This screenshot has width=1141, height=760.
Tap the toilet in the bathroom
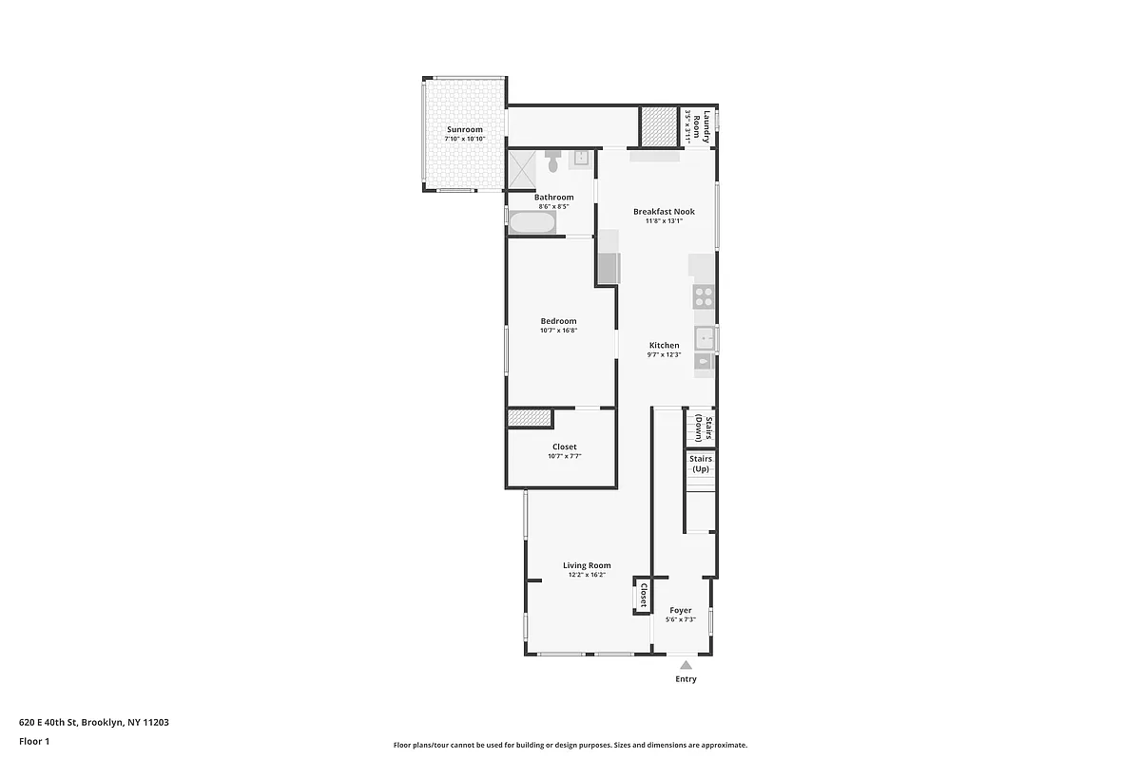(553, 161)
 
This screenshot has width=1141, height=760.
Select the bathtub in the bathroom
(532, 223)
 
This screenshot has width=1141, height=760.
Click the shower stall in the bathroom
(522, 169)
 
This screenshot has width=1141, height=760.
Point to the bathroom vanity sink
(579, 159)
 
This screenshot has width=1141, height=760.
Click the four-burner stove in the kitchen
(704, 296)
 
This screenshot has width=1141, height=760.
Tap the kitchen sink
(705, 337)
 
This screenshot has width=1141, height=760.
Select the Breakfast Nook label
(664, 212)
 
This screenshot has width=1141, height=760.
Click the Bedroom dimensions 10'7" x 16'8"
(559, 331)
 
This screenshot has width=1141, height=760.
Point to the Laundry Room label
(697, 125)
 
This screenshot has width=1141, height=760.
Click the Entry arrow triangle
(686, 665)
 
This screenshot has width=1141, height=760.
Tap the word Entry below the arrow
(686, 679)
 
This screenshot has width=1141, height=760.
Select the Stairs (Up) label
(701, 464)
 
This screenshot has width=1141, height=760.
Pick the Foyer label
(681, 610)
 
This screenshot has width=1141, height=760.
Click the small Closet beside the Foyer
(643, 596)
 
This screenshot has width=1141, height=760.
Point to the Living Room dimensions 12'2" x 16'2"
(587, 575)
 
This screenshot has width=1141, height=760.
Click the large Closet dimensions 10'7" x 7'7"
(564, 456)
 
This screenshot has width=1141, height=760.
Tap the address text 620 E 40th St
(94, 722)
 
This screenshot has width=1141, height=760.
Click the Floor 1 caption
(34, 741)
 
